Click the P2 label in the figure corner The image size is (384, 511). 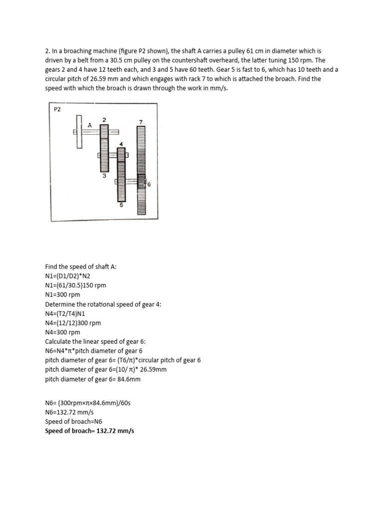point(57,109)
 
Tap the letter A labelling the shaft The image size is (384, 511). point(89,126)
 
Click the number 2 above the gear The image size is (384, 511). point(104,120)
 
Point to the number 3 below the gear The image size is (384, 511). point(104,176)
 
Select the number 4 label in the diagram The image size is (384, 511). point(120,145)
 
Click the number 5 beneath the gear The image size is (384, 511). point(120,204)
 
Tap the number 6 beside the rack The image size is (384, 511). point(148,184)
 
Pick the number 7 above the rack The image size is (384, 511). point(141,122)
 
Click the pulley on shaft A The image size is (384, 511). point(78,132)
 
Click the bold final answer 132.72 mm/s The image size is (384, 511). point(114,430)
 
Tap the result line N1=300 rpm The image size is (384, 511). point(62,294)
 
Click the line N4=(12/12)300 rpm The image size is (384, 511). point(73,323)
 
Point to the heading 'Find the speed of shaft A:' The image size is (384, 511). point(80,266)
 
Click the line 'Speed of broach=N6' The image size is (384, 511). point(73,421)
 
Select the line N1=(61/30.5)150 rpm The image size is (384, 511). point(75,285)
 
